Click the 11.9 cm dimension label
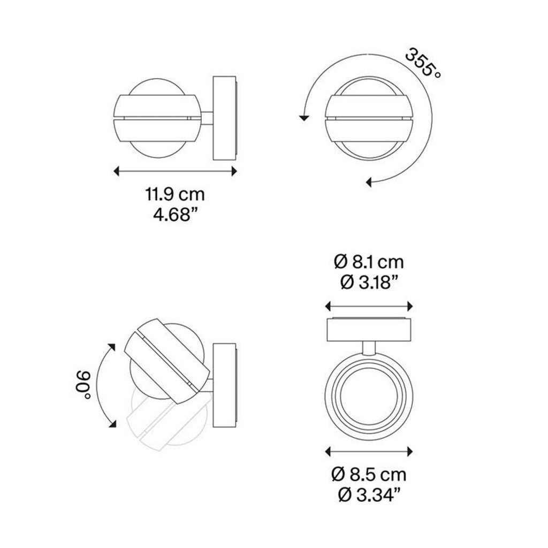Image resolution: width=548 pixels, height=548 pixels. click(x=176, y=193)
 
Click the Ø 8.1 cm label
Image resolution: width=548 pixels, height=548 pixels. click(x=368, y=262)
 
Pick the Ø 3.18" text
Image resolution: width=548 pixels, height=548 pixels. click(x=368, y=282)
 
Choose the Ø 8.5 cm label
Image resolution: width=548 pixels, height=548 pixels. click(x=369, y=474)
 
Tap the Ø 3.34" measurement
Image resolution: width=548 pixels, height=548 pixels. click(x=369, y=496)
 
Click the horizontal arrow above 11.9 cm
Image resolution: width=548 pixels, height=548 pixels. click(x=176, y=171)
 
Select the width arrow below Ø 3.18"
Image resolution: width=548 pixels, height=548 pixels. click(x=369, y=306)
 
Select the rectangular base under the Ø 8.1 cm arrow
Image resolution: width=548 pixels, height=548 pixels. click(x=369, y=329)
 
